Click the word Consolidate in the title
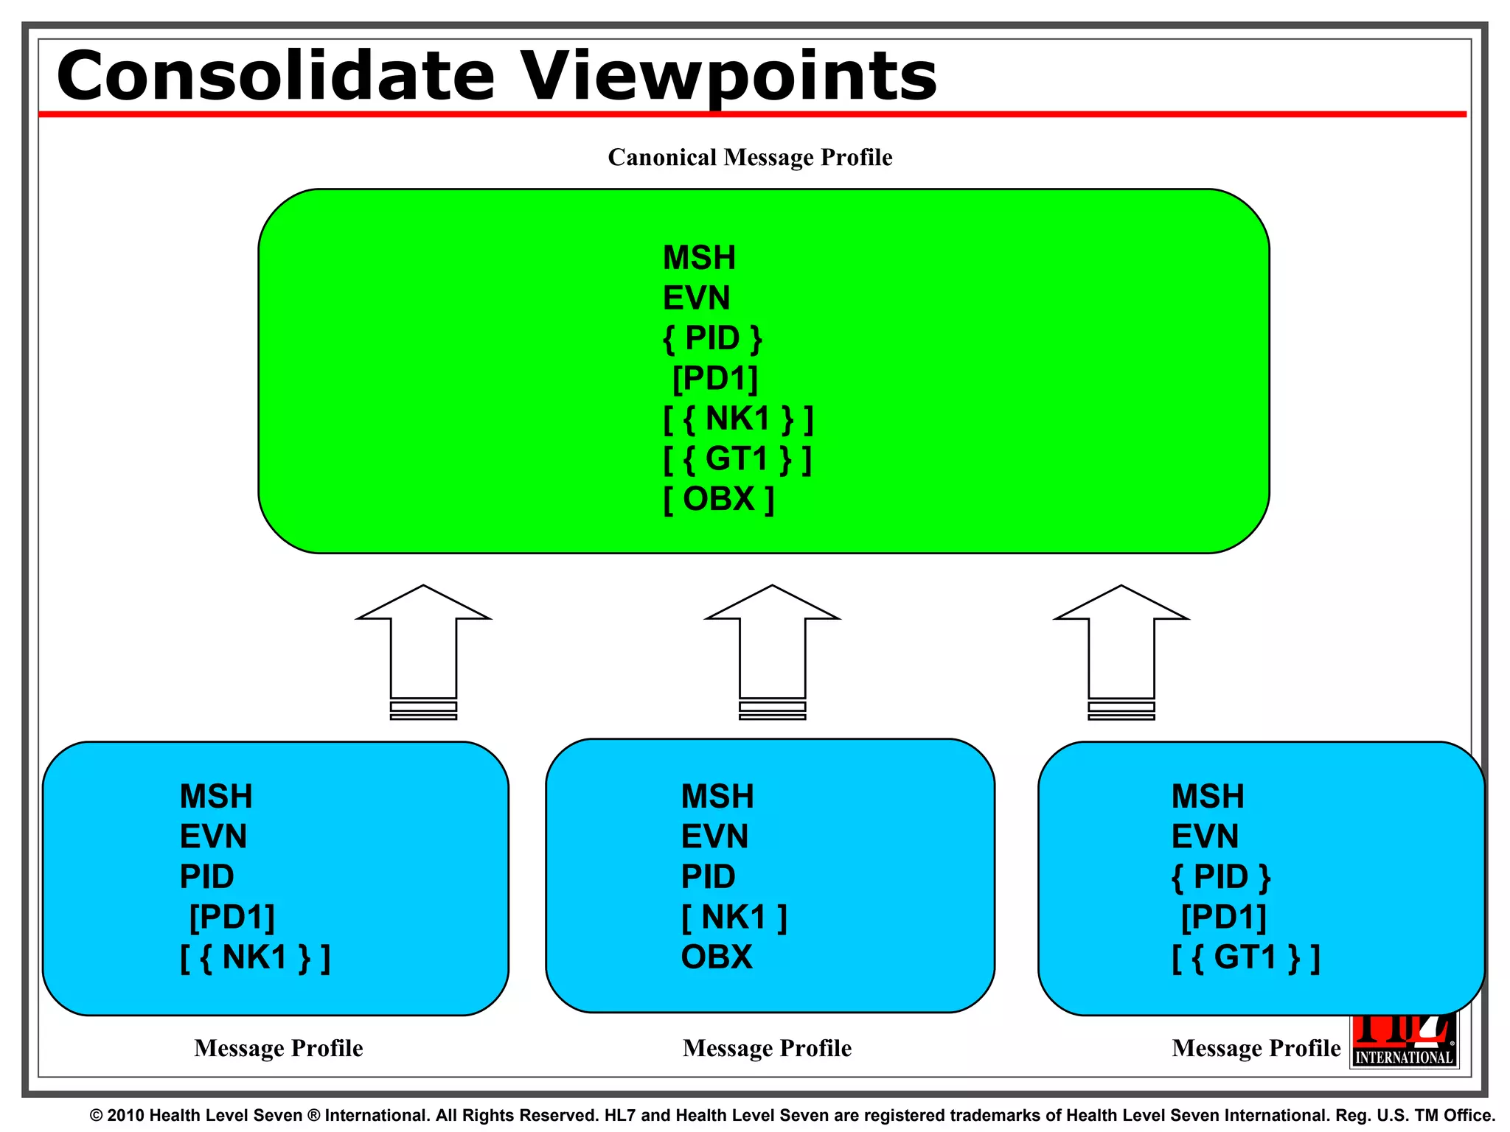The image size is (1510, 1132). (x=274, y=76)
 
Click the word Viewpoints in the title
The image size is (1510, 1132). (x=729, y=77)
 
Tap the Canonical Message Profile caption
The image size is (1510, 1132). (x=750, y=158)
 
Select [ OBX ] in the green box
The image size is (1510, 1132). (x=718, y=499)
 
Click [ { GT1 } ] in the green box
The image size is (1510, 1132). (x=737, y=459)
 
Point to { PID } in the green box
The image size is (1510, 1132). (x=712, y=338)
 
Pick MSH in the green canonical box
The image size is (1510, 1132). (x=699, y=258)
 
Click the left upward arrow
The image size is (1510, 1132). (x=423, y=649)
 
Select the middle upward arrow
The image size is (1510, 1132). (x=772, y=649)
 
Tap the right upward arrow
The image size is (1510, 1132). (x=1121, y=649)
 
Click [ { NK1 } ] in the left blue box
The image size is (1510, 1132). (x=255, y=957)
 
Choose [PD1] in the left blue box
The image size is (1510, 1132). (x=232, y=918)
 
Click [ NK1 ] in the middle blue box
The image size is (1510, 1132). (x=734, y=918)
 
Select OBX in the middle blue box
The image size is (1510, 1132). (x=716, y=957)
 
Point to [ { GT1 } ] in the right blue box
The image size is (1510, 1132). (x=1245, y=957)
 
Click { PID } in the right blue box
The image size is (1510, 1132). (x=1221, y=877)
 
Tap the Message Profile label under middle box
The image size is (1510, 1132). (x=767, y=1048)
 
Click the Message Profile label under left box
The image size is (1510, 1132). (x=279, y=1048)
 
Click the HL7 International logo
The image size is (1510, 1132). (x=1405, y=1047)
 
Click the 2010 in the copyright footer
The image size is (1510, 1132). (x=126, y=1115)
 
